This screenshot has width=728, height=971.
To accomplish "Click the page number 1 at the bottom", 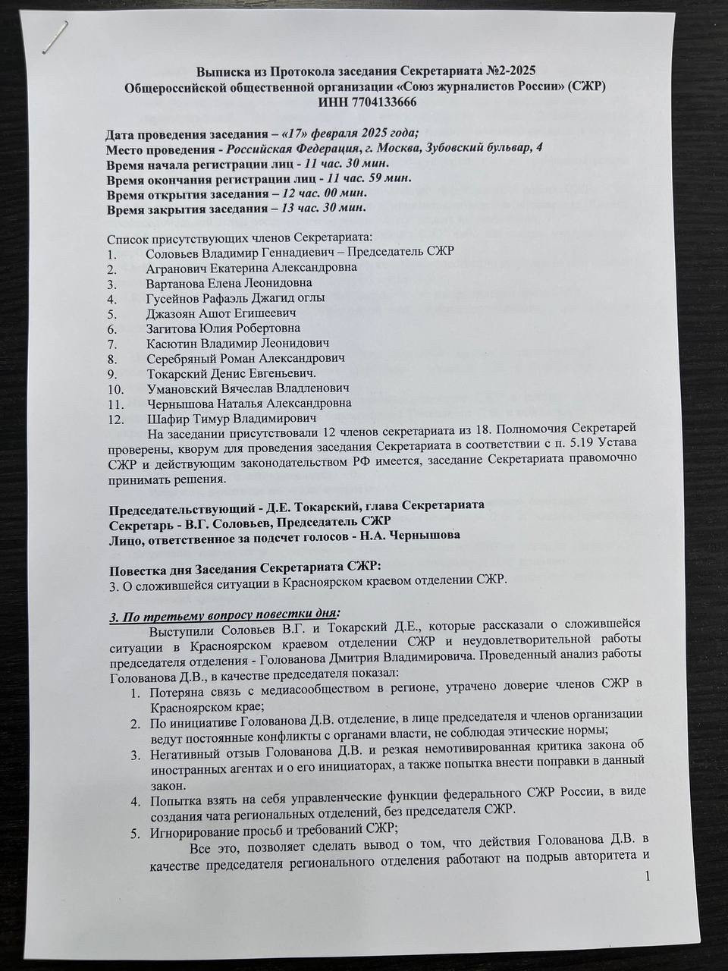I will (x=646, y=877).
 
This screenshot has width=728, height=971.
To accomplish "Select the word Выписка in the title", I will (x=224, y=71).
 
